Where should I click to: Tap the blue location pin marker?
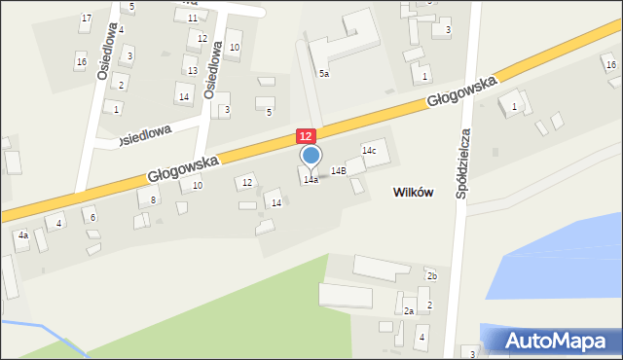[x=311, y=156]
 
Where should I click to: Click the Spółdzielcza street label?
[x=464, y=162]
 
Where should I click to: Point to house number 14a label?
[x=311, y=180]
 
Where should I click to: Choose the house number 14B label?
[x=338, y=170]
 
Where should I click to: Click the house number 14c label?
[x=369, y=151]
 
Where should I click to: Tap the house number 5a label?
[x=323, y=73]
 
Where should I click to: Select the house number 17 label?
[x=87, y=18]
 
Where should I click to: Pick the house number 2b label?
[x=432, y=276]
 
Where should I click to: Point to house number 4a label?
[x=22, y=234]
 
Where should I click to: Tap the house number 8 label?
[x=153, y=199]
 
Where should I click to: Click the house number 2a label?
[x=410, y=310]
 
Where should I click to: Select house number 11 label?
[x=192, y=18]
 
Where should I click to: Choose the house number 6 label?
[x=93, y=217]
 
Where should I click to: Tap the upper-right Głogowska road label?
[x=461, y=92]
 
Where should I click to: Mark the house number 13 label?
[x=192, y=71]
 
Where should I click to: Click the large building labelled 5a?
[x=341, y=44]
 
